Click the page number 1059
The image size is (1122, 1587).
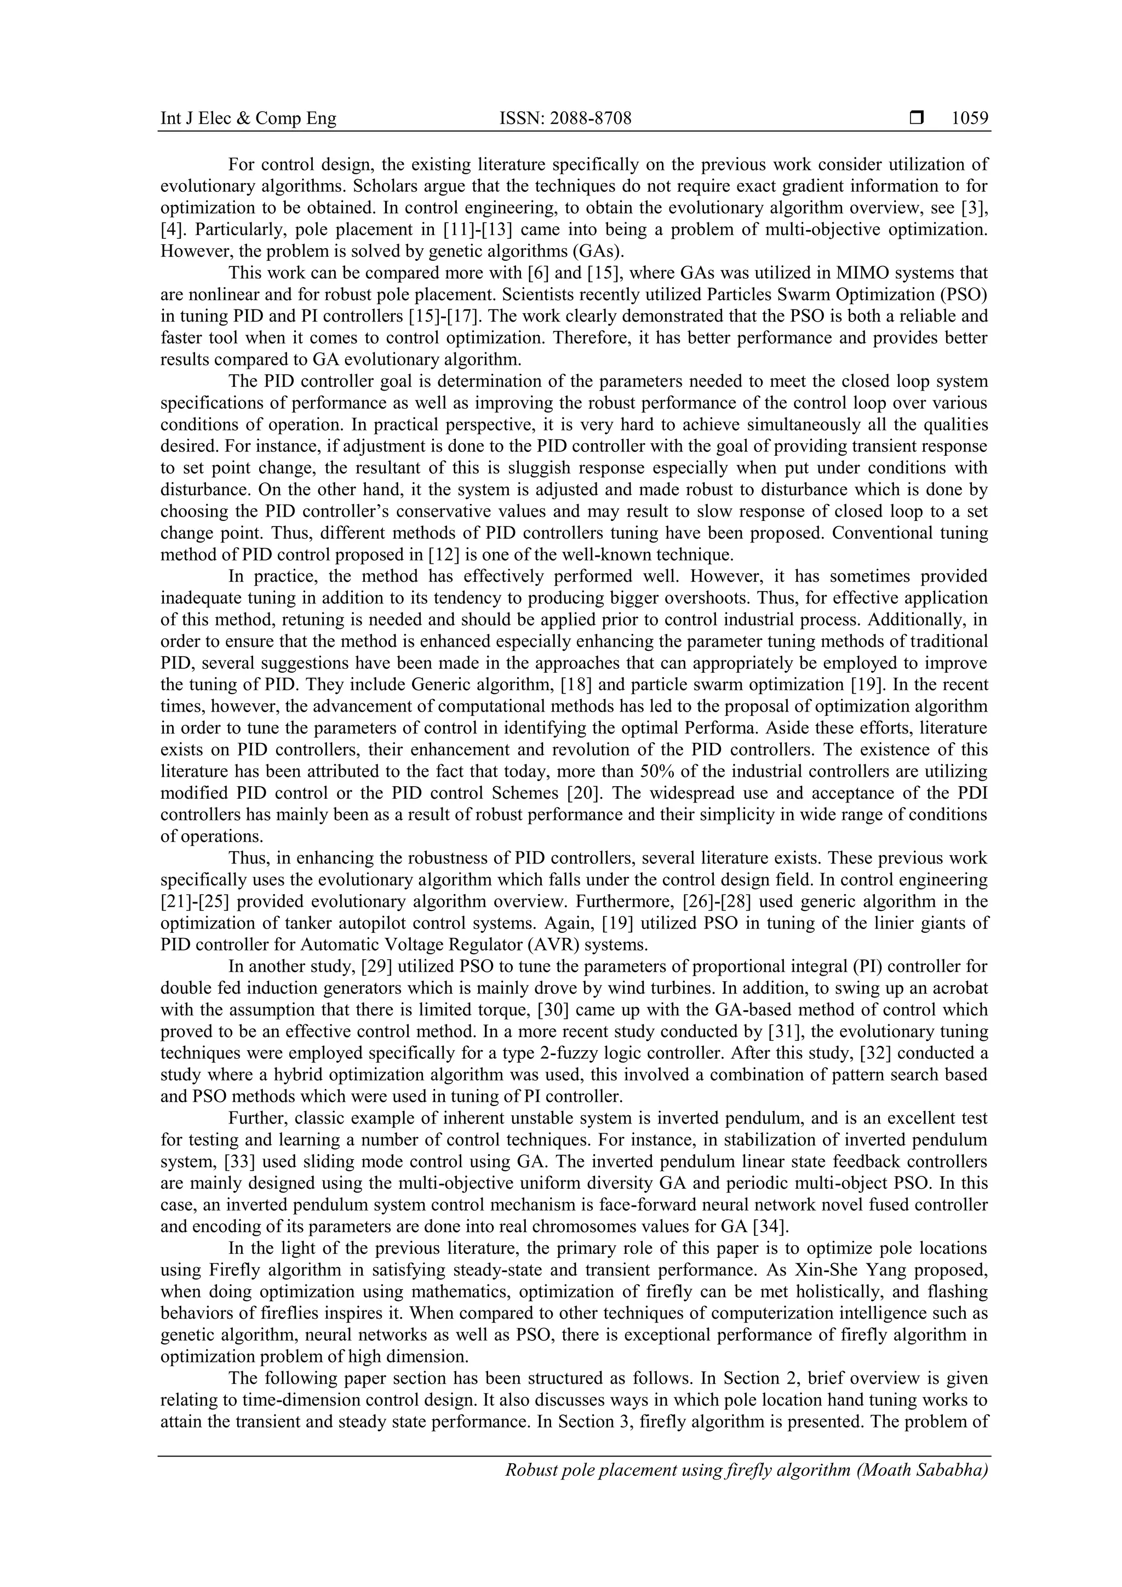pos(970,119)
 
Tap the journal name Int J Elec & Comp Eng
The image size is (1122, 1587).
pos(248,119)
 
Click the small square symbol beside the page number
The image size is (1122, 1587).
pos(917,119)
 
